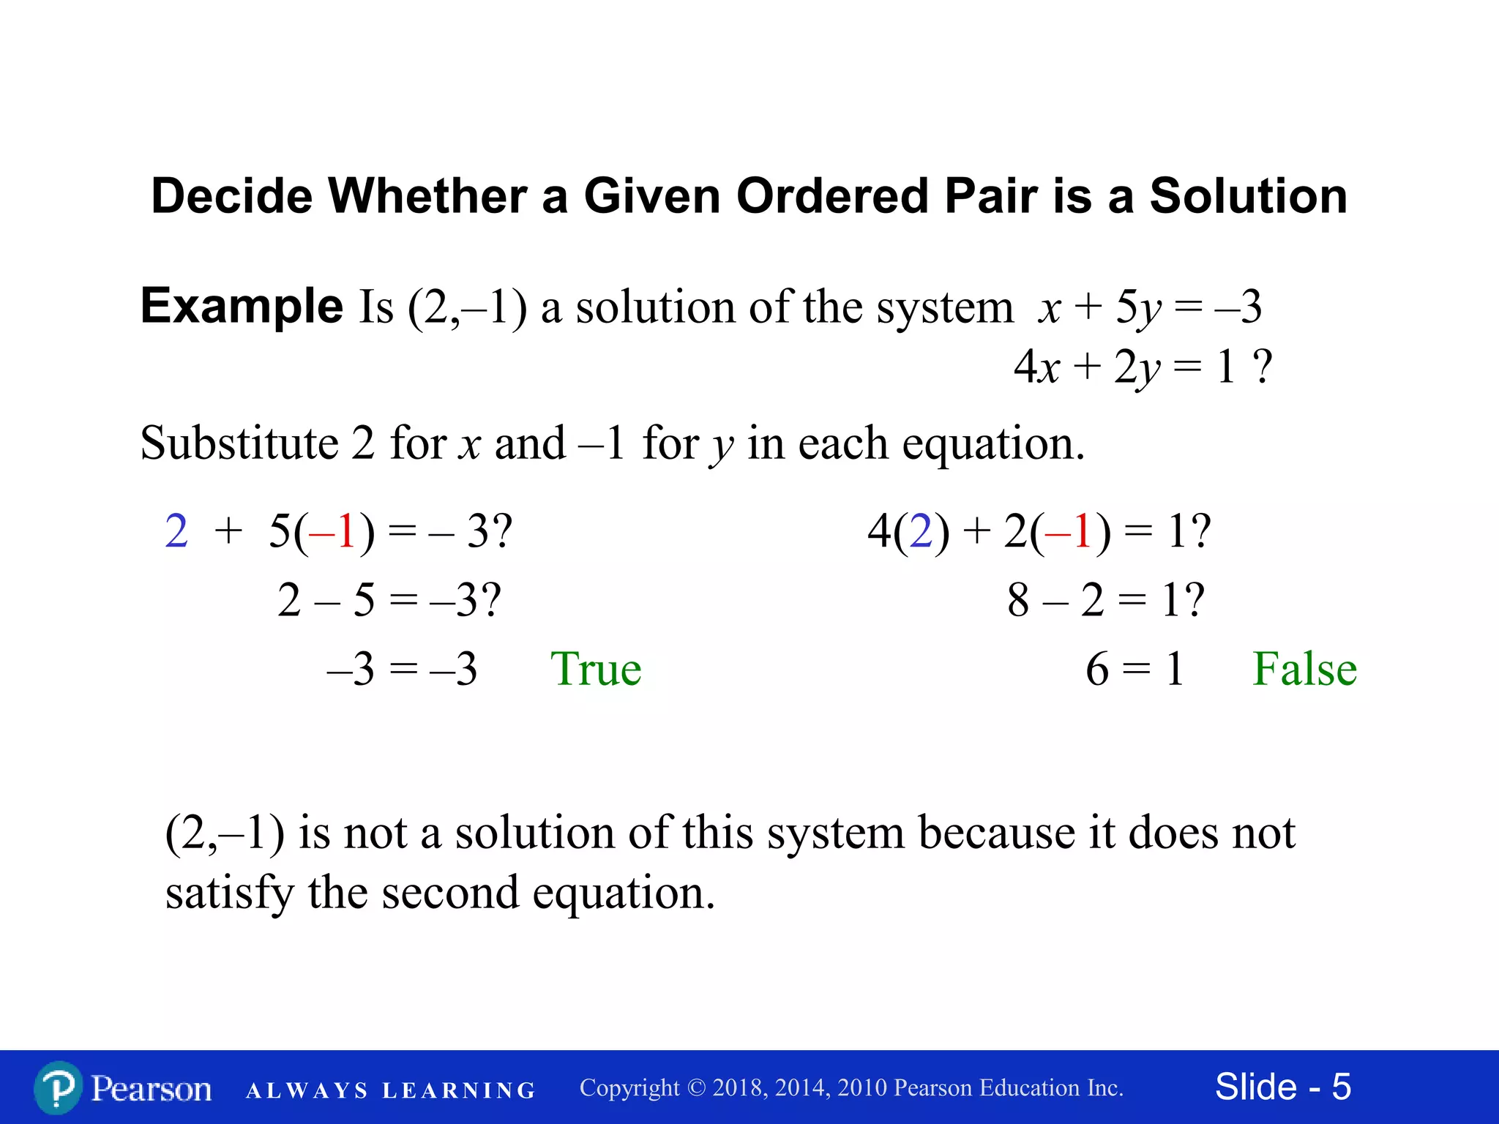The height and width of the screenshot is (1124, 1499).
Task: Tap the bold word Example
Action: tap(242, 305)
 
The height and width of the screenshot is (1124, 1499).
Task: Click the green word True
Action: tap(596, 669)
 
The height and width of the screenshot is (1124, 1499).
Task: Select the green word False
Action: tap(1304, 669)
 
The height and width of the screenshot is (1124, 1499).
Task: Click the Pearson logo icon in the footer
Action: tap(58, 1088)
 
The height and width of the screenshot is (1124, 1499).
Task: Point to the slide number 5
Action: tap(1341, 1087)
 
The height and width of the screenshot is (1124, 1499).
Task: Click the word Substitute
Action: tap(239, 443)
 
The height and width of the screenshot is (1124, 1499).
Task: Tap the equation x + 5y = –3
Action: tap(1149, 307)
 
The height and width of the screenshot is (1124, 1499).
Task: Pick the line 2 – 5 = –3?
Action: tap(389, 600)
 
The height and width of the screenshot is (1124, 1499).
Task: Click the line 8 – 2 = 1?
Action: tap(1105, 600)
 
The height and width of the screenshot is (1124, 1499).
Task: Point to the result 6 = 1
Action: tap(1134, 669)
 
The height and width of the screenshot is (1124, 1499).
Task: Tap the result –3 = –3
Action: tap(403, 669)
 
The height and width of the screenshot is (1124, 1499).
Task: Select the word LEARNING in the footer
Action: tap(459, 1090)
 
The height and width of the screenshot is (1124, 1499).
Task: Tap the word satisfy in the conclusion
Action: tap(229, 893)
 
